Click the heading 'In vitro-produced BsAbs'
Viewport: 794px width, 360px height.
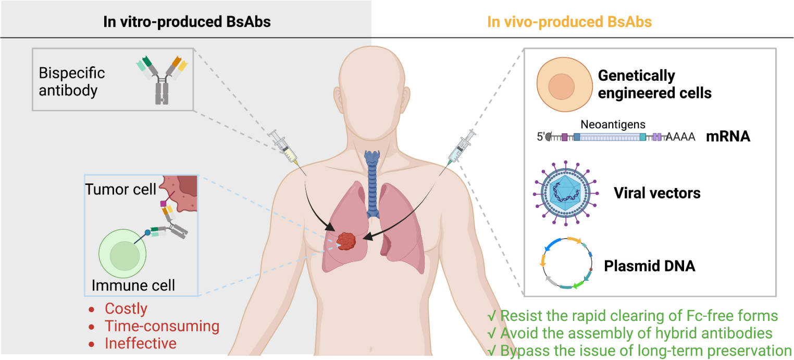click(186, 22)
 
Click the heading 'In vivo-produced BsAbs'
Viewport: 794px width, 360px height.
click(569, 22)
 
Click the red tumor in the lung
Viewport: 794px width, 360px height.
click(346, 241)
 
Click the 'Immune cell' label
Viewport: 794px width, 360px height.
click(133, 285)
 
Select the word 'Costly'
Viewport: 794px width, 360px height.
click(126, 308)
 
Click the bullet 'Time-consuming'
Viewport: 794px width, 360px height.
click(162, 326)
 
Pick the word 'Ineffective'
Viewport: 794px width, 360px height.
click(141, 344)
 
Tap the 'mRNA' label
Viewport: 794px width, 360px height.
click(728, 137)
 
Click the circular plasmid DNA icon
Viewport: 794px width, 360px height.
click(566, 265)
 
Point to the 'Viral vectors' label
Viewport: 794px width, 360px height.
click(657, 193)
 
